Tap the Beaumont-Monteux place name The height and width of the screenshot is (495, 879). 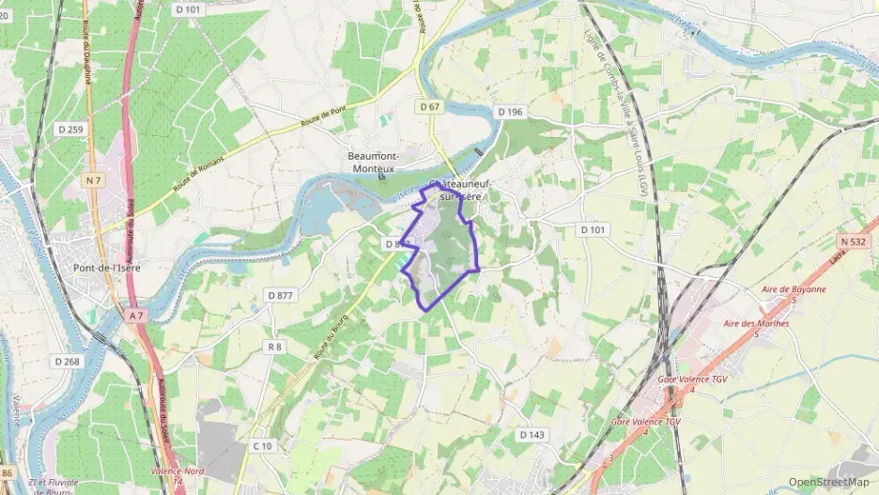pos(374,162)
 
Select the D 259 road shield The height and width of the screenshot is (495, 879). pos(69,129)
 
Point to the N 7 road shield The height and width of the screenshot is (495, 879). pos(92,179)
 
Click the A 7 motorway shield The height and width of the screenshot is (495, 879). pos(135,317)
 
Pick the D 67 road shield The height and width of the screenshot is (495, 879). pos(429,107)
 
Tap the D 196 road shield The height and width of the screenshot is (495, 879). pos(510,111)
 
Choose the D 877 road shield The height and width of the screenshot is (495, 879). pos(280,295)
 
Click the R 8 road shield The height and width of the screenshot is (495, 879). pos(274,347)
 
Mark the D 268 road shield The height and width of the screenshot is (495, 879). pos(66,361)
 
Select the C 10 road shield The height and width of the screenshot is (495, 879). pos(264,445)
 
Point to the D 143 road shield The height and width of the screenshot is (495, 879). pos(532,435)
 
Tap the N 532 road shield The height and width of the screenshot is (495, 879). pos(852,241)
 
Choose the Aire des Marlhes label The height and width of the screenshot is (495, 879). pos(756,328)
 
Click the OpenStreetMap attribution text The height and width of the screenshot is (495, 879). pos(828,482)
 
